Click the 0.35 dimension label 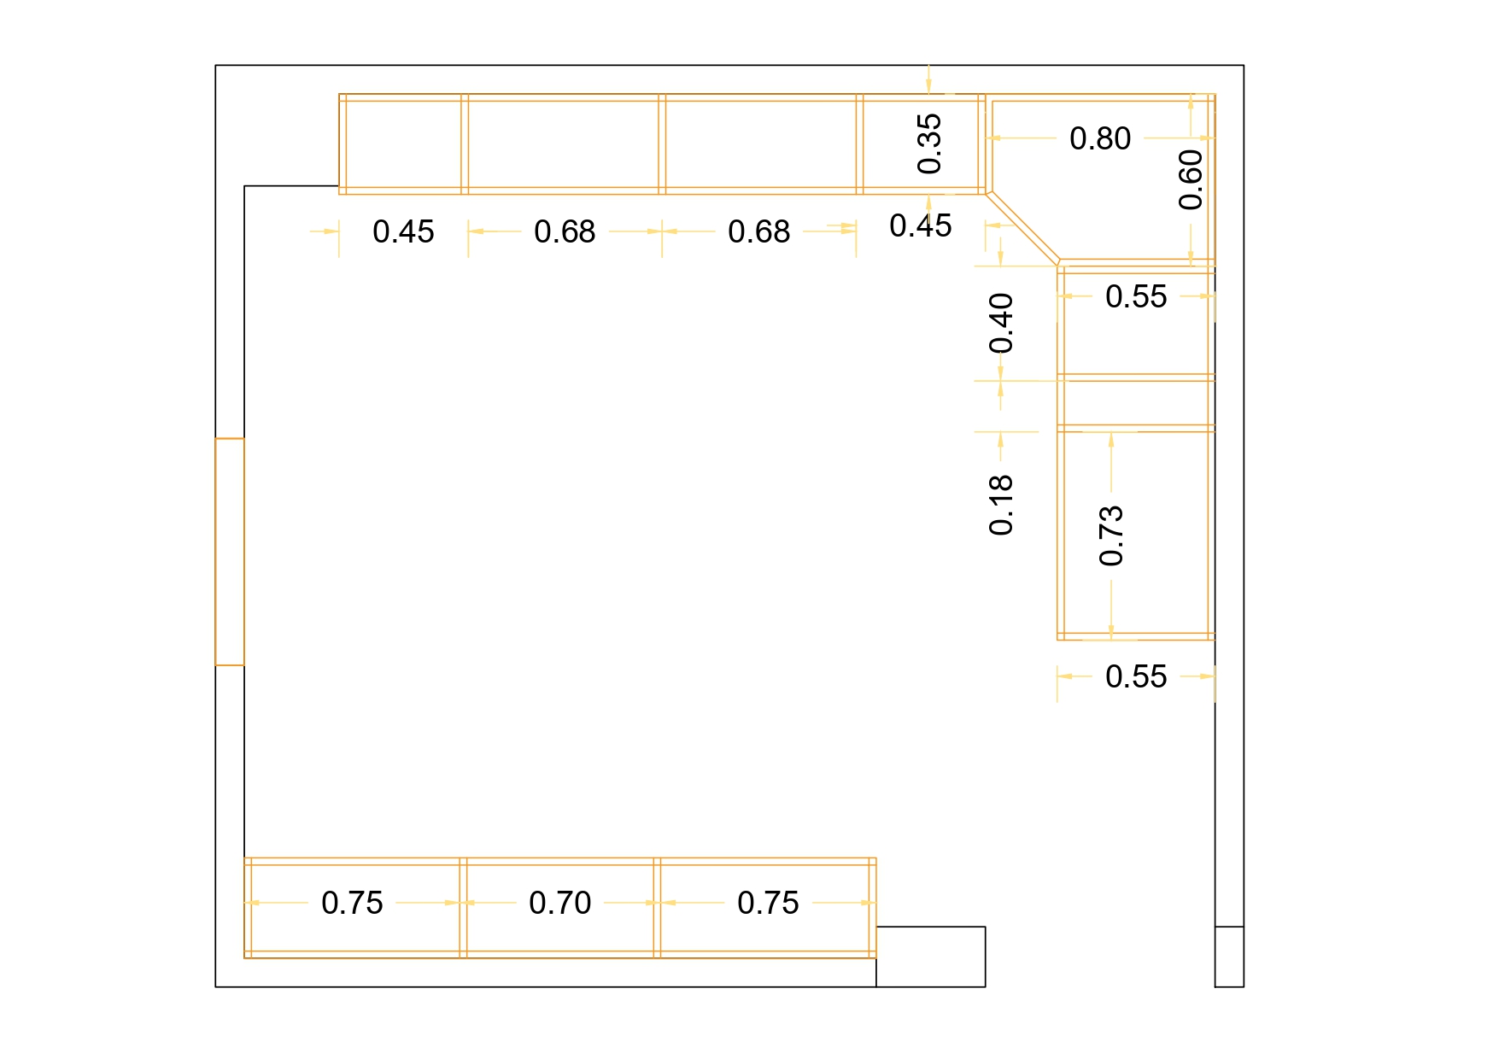[929, 143]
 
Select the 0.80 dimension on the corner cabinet [1100, 138]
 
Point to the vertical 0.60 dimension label [1191, 179]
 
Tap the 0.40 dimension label [1001, 323]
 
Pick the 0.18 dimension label [1001, 505]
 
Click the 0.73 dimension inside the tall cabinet [1111, 535]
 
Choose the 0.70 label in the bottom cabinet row [559, 903]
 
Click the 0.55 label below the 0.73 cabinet [1135, 676]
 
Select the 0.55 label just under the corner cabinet [1135, 296]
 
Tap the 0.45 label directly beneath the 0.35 [920, 225]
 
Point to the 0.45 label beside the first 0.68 [403, 231]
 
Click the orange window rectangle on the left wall [230, 552]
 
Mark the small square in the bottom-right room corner [1229, 957]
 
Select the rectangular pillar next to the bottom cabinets [930, 957]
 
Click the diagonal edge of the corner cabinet [1023, 227]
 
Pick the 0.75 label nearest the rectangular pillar [768, 903]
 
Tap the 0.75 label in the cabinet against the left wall [352, 903]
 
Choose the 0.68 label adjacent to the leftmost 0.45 [565, 231]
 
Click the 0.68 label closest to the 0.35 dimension [758, 231]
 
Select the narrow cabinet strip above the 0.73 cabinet [1135, 402]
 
